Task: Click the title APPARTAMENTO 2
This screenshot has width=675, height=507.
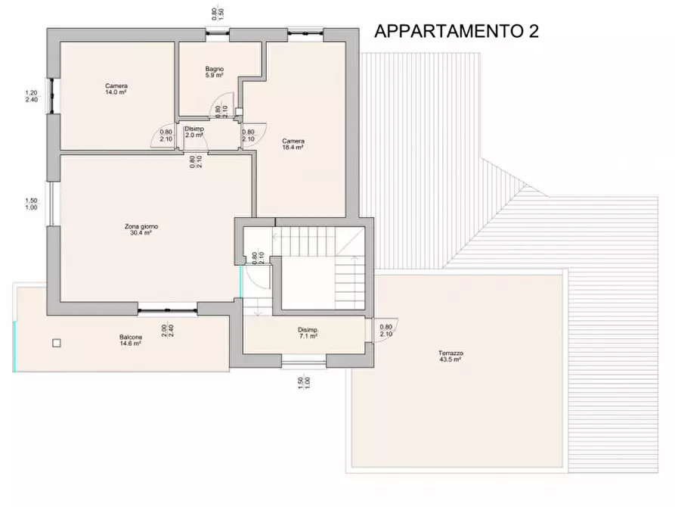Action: [457, 31]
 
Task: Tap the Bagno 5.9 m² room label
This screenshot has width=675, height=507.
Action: [214, 73]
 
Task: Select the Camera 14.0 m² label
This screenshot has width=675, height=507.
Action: [116, 89]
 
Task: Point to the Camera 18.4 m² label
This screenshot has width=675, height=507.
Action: [293, 144]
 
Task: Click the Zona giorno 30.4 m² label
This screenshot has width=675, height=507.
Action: [141, 229]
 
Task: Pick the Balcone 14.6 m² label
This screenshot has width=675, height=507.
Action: [130, 340]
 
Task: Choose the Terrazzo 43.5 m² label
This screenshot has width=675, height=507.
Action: [451, 356]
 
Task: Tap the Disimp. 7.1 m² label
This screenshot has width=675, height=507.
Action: [308, 333]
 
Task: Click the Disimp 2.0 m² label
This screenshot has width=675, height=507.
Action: [194, 132]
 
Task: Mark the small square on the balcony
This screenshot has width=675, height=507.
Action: [56, 343]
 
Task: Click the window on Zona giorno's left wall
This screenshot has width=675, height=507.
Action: [52, 204]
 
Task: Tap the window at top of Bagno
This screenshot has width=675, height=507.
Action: [218, 31]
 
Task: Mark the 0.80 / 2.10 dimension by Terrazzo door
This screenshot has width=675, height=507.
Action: [385, 331]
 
